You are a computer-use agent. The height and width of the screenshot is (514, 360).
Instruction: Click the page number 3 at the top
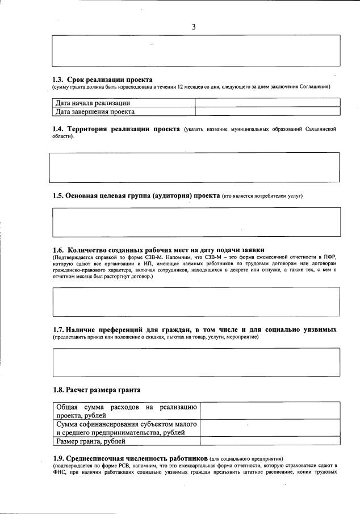click(194, 27)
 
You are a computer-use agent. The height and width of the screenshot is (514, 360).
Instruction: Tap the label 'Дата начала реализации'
click(93, 103)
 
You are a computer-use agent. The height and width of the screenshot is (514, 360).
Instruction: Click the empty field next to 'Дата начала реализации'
click(267, 103)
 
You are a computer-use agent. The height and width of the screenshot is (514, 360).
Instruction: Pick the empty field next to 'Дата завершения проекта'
click(267, 111)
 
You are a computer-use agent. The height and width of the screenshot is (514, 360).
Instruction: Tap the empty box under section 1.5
click(196, 222)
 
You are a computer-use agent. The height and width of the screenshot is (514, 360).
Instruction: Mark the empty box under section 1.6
click(196, 301)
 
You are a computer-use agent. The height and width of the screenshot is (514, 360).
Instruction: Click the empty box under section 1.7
click(196, 362)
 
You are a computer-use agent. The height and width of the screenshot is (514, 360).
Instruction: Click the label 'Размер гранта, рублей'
click(90, 441)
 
